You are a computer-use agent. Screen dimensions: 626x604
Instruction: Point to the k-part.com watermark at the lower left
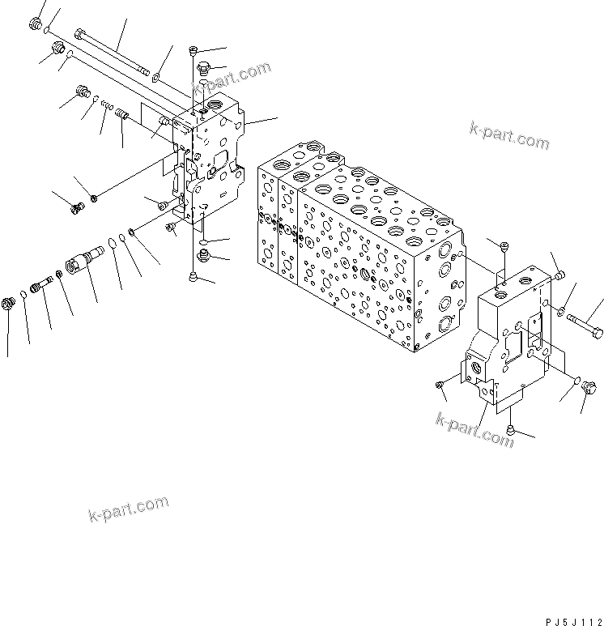click(x=127, y=510)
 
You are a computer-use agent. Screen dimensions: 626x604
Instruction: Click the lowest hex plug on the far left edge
click(x=10, y=304)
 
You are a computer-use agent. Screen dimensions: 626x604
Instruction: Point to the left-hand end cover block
click(x=212, y=162)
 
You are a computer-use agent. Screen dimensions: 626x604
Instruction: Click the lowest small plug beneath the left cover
click(x=192, y=276)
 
